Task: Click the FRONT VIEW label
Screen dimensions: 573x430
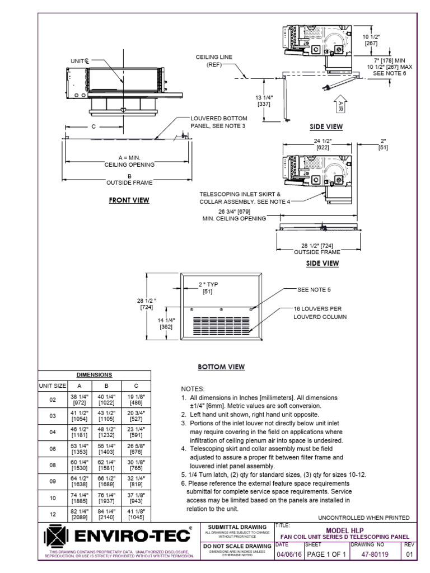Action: [x=129, y=200]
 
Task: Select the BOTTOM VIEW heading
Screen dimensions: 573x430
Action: [x=221, y=367]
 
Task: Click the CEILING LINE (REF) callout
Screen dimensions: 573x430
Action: [x=211, y=60]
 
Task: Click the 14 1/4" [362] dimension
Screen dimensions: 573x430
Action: [x=166, y=323]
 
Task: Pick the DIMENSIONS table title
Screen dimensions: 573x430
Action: [x=94, y=375]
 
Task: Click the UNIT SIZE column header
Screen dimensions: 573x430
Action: [x=52, y=386]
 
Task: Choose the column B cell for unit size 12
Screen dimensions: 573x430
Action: [x=106, y=514]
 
